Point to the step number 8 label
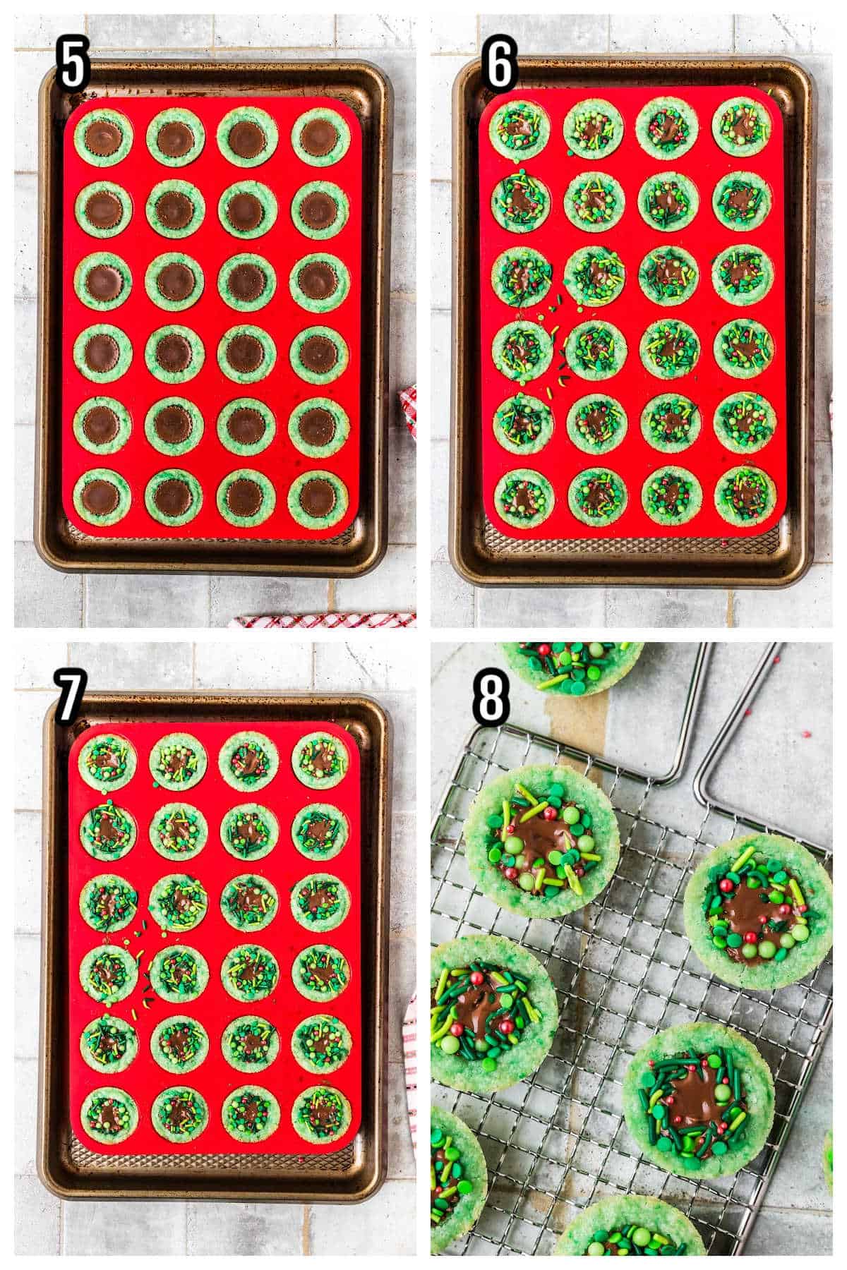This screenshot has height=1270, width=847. [x=491, y=696]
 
